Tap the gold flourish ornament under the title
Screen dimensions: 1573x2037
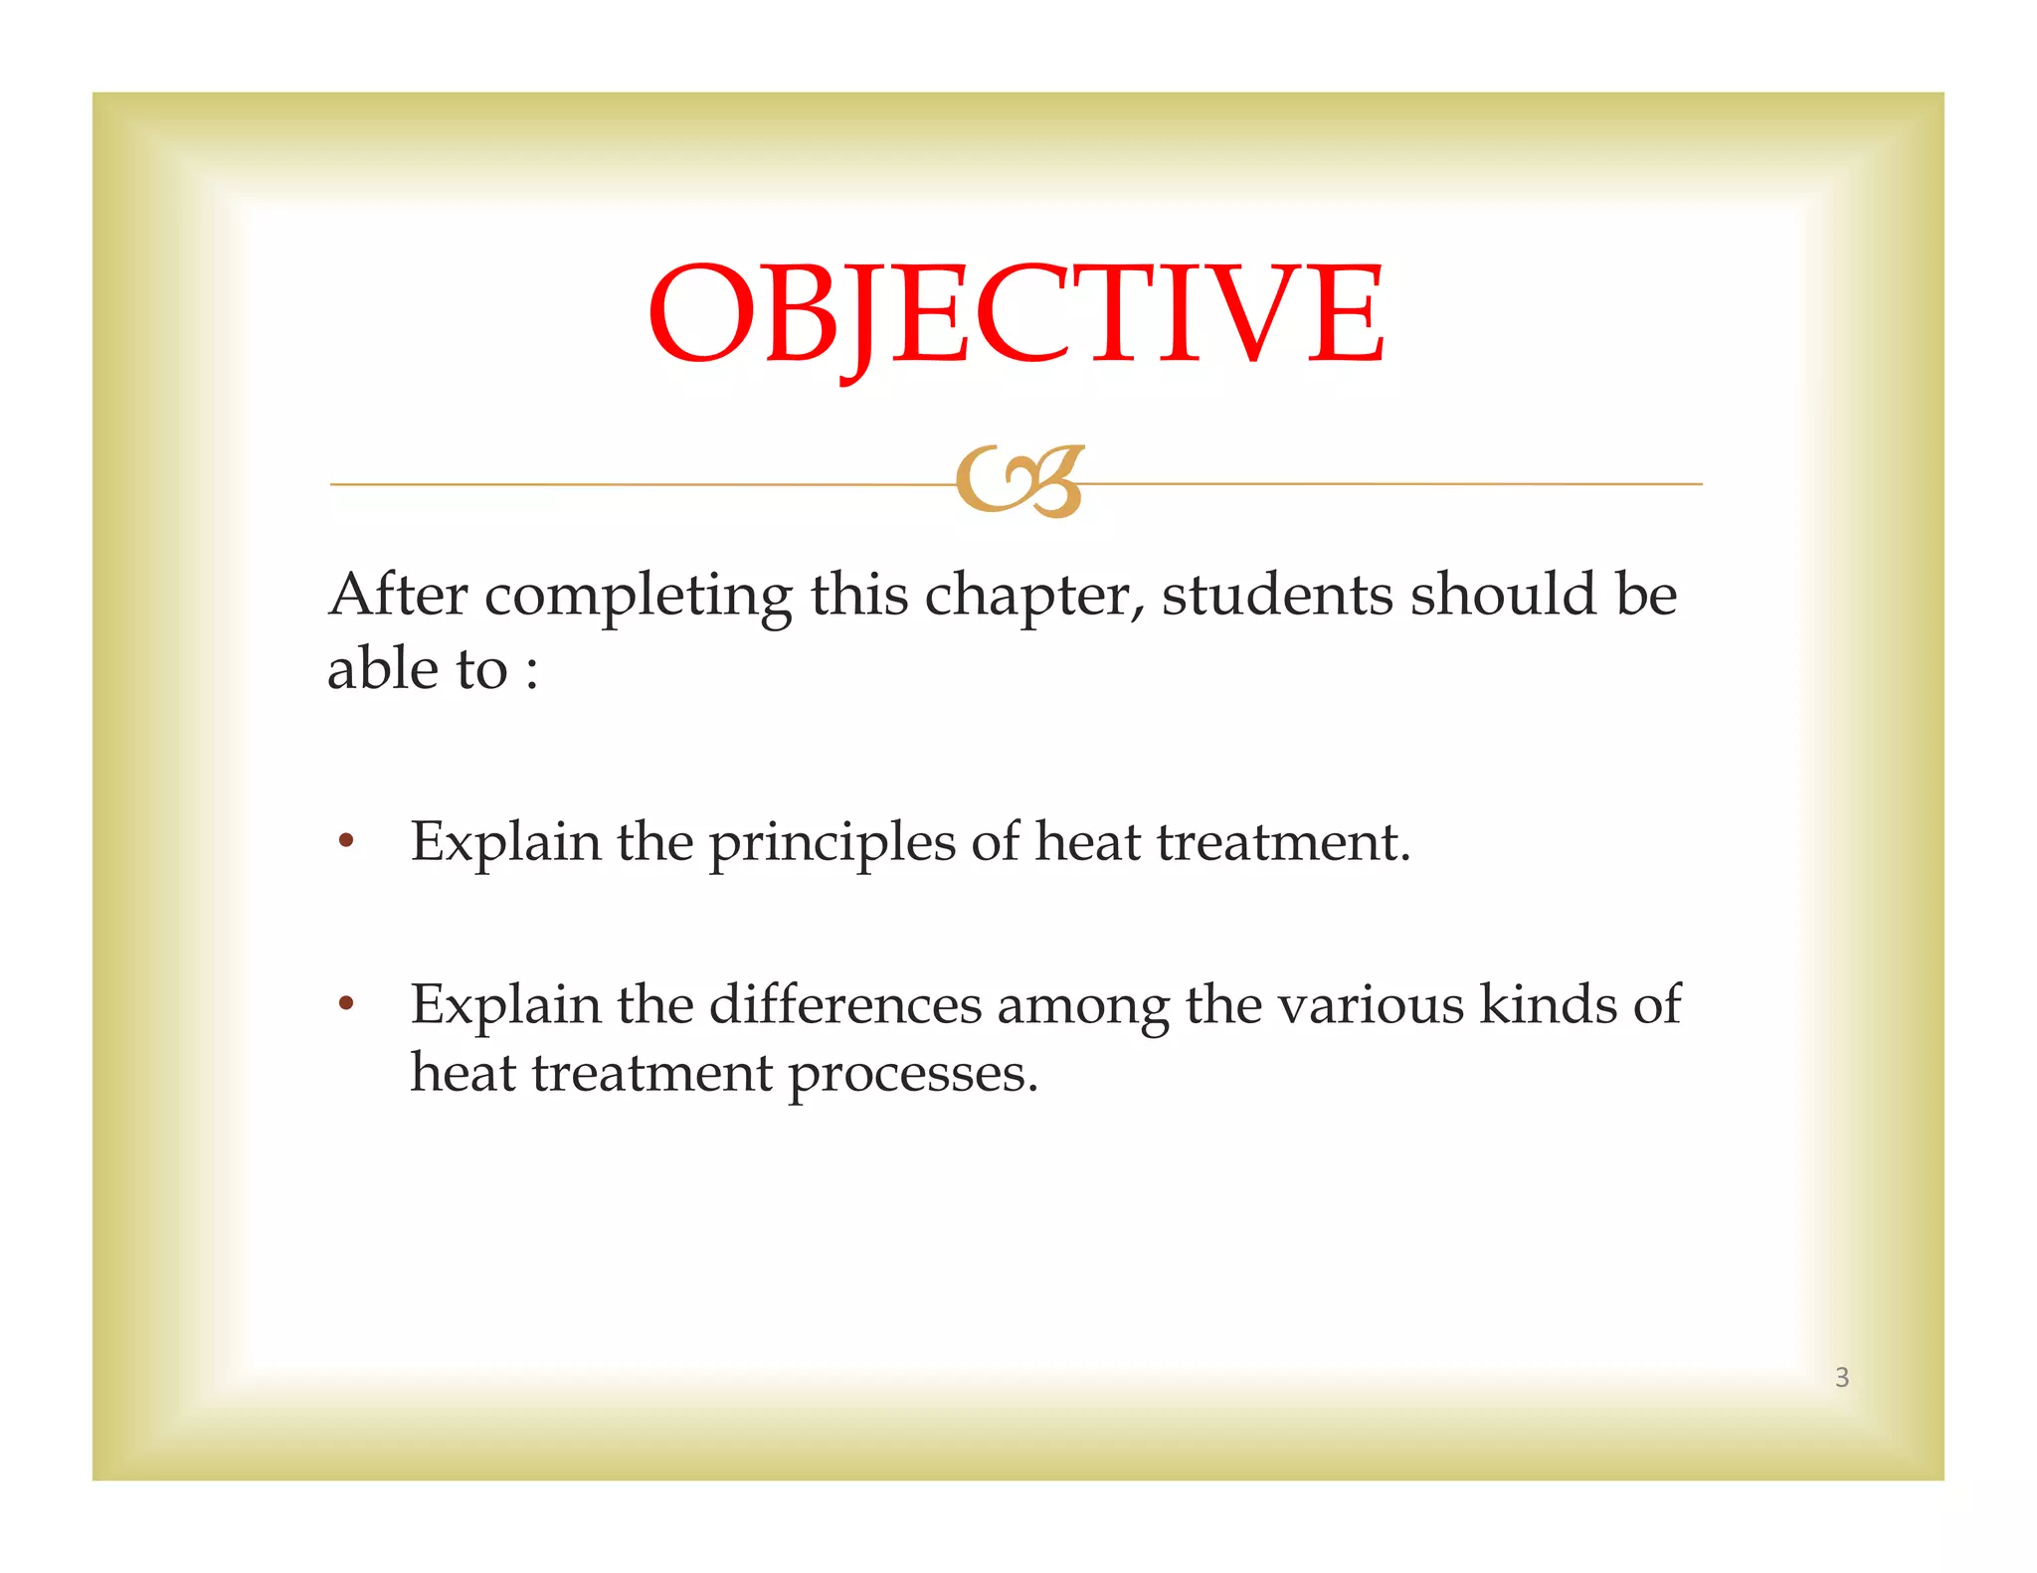click(1018, 482)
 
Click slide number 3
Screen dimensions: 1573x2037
click(1842, 1377)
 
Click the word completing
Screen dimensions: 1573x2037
click(638, 597)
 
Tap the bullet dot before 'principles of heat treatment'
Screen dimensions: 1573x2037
click(346, 841)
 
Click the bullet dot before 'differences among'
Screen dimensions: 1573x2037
click(346, 1002)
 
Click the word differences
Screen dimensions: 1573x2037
click(845, 1004)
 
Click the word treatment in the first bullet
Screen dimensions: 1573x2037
click(1282, 843)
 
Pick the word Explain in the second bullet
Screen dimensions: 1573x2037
click(505, 1006)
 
